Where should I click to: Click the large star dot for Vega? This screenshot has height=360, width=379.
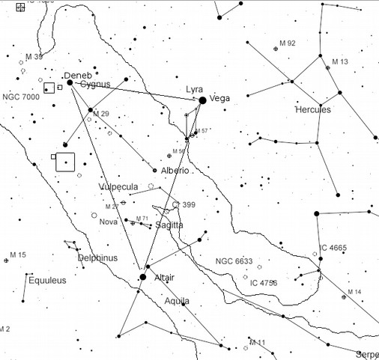[x=202, y=100]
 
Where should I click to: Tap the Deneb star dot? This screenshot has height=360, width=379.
[x=70, y=83]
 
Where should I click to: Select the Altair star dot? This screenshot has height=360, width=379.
[x=142, y=278]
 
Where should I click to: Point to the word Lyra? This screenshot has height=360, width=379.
[x=194, y=89]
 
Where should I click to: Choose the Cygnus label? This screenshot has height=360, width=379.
[x=95, y=85]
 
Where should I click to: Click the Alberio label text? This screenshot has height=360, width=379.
[x=175, y=171]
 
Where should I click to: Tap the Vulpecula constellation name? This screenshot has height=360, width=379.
[x=118, y=187]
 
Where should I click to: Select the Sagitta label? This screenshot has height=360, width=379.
[x=171, y=225]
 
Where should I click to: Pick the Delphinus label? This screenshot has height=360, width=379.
[x=97, y=258]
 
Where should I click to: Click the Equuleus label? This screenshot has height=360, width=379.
[x=47, y=281]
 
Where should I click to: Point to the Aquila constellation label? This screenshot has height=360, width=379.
[x=177, y=301]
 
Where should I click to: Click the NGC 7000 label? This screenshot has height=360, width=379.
[x=21, y=97]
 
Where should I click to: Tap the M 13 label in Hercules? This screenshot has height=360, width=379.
[x=341, y=61]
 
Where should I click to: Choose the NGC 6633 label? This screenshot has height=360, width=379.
[x=234, y=261]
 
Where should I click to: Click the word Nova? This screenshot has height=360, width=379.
[x=109, y=222]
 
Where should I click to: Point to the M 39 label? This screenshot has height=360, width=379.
[x=34, y=57]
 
